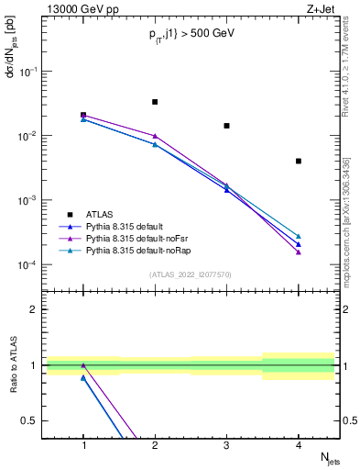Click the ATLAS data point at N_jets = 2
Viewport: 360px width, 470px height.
coord(155,102)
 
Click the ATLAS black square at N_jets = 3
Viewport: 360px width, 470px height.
coord(226,126)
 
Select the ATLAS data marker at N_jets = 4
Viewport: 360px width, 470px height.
coord(299,162)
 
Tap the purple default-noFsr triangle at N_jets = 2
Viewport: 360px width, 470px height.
coord(155,136)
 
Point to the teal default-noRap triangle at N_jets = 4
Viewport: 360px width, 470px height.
coord(299,236)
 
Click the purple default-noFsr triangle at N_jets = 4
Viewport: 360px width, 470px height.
coord(299,252)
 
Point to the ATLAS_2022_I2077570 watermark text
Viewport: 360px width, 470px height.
coord(191,274)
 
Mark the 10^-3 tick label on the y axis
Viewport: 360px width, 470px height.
coord(29,200)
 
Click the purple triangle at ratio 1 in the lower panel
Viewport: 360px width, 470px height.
coord(83,365)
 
